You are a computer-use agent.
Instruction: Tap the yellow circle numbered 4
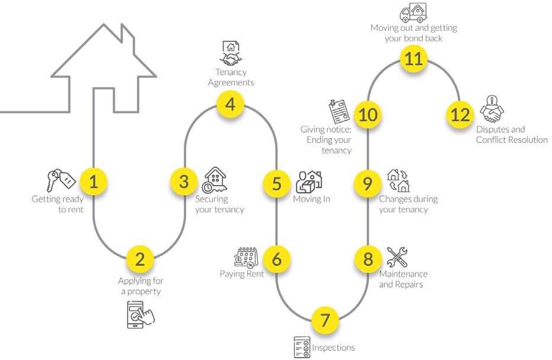230,105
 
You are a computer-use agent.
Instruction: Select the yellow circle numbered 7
324,320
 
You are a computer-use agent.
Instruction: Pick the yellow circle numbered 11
413,58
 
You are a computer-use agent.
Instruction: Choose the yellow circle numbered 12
460,114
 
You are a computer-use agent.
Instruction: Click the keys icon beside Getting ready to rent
59,180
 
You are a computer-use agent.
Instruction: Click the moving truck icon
413,12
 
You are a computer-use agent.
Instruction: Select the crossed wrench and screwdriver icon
397,257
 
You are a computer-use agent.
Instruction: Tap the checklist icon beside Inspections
302,347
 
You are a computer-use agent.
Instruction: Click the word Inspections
334,348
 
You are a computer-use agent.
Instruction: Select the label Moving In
311,199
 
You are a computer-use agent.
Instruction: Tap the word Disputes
494,130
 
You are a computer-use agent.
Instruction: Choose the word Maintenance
403,274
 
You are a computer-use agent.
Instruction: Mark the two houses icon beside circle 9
398,180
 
